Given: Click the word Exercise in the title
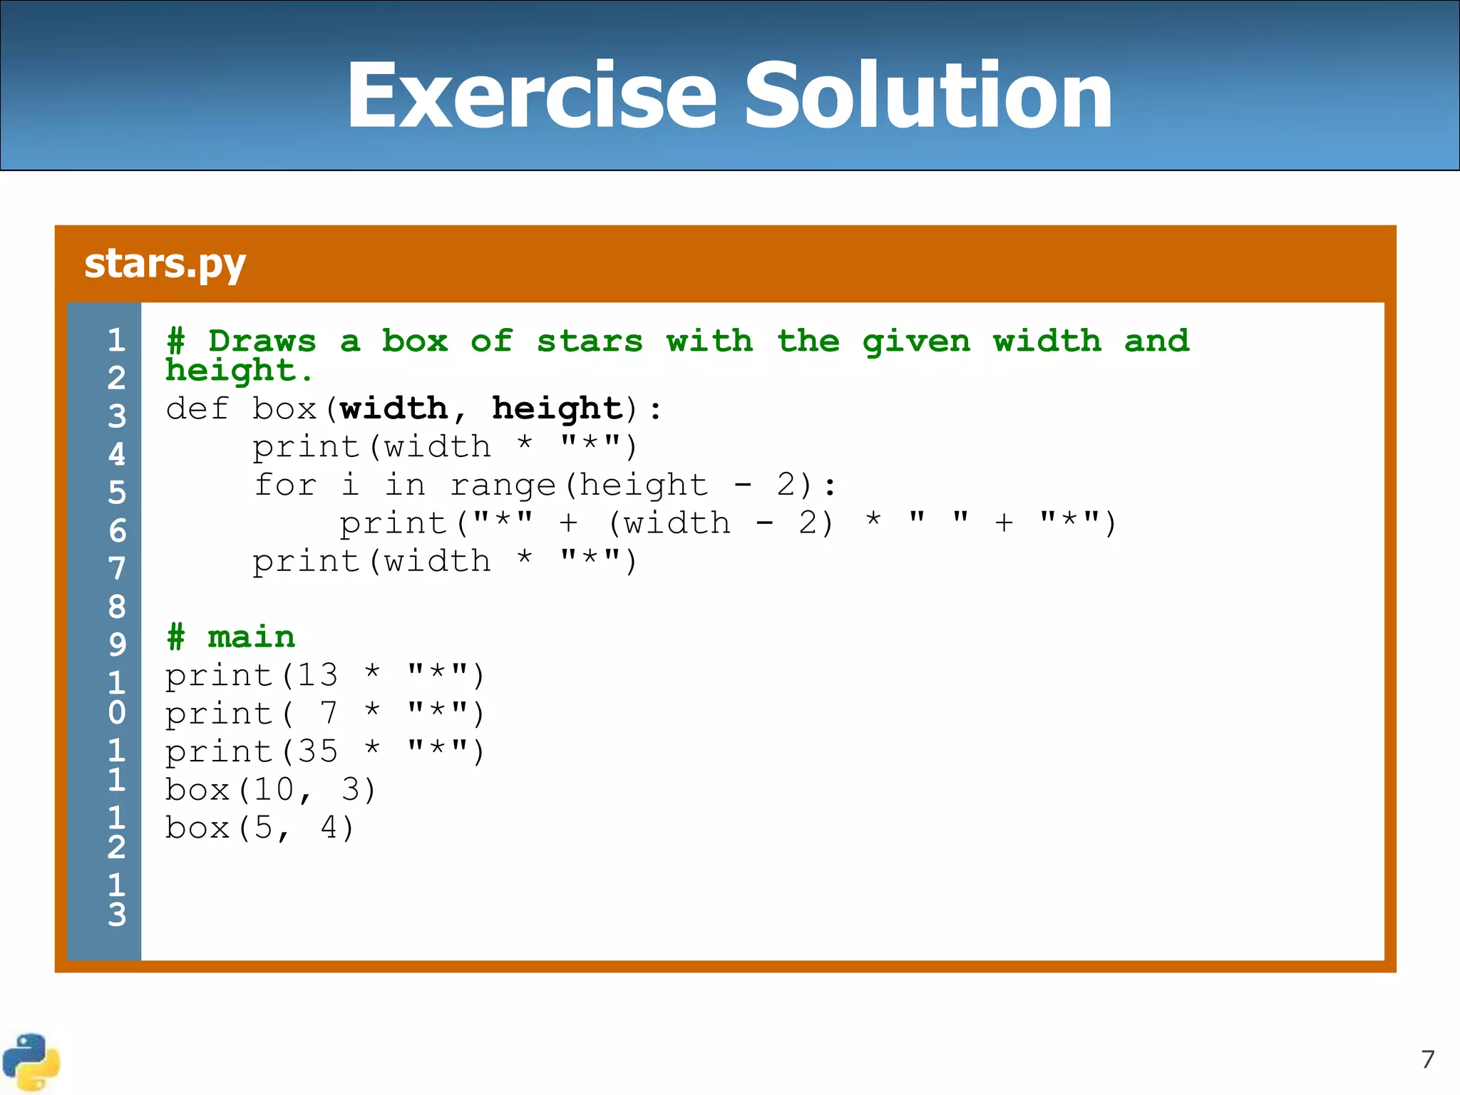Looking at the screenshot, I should point(531,96).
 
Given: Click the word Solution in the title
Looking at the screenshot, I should point(928,96).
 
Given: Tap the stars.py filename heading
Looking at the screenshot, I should point(165,264).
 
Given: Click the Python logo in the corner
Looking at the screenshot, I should point(31,1061).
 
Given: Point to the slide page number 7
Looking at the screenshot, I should point(1427,1059).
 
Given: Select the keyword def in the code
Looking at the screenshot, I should point(197,409).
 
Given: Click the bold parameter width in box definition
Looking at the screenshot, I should point(394,409).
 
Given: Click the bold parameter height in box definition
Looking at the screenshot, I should point(557,409).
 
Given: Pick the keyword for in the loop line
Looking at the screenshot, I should point(285,485).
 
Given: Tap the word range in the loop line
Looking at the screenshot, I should point(503,485).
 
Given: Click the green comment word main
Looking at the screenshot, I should point(251,637).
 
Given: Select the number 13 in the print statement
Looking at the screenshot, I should point(317,675).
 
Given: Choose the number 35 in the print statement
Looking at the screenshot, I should point(317,751).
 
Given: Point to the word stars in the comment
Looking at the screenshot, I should point(590,341).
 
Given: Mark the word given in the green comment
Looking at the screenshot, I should point(916,341).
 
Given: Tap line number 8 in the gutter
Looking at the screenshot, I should point(117,607).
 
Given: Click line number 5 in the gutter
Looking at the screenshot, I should point(117,493).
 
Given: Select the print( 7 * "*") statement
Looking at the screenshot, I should point(325,714).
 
